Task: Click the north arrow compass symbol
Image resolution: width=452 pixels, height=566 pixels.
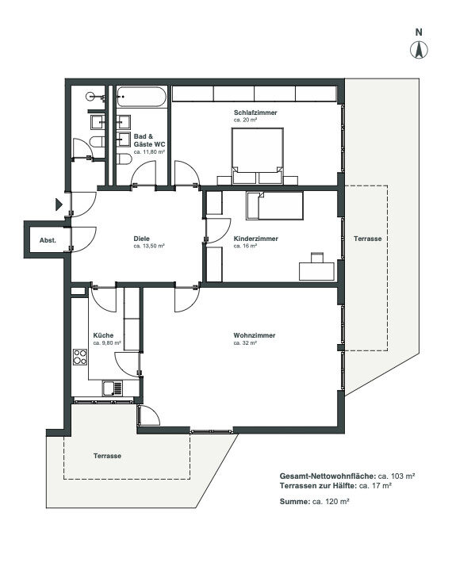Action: (419, 50)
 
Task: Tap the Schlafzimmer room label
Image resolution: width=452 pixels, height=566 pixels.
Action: (255, 113)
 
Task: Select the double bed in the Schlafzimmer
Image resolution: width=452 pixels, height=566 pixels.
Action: (257, 155)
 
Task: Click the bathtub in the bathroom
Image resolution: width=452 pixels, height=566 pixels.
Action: (141, 97)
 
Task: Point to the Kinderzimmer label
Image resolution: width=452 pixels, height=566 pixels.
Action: (255, 239)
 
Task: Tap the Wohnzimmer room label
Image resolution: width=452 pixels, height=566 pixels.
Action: (255, 335)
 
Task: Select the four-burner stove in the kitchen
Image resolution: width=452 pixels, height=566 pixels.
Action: (80, 357)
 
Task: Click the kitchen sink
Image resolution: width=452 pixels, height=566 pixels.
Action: (113, 388)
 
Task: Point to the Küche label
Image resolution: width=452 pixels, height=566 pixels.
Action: (103, 335)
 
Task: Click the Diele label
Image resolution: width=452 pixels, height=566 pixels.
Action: (141, 239)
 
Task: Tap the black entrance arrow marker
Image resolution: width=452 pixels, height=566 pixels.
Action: (59, 205)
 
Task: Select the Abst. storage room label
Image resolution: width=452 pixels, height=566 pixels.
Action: (48, 240)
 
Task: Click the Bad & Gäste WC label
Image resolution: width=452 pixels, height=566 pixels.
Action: (149, 140)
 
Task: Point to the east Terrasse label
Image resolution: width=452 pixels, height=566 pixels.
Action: (367, 239)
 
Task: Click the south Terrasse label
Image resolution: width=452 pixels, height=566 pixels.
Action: (107, 456)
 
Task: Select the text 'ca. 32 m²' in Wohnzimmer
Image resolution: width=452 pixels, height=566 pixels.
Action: (245, 343)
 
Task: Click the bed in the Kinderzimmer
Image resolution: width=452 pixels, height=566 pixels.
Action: (274, 206)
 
